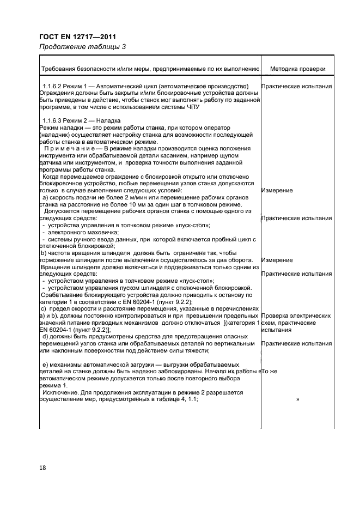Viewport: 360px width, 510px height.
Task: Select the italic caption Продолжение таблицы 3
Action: (82, 47)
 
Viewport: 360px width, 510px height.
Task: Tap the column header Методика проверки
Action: (297, 69)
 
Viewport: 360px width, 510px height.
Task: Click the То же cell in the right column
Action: (270, 371)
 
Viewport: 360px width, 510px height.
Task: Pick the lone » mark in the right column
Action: (297, 399)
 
